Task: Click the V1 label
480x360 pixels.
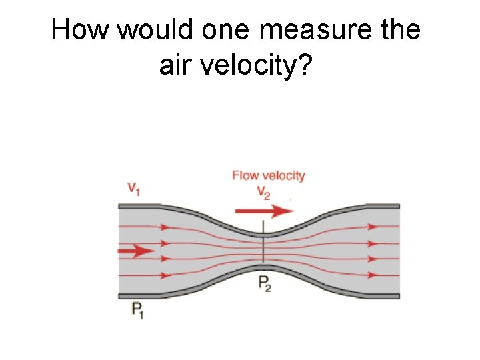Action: [133, 189]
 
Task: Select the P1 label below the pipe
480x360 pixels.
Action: [137, 311]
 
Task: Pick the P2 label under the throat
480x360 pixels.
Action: [265, 283]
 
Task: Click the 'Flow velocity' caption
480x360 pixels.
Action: [268, 175]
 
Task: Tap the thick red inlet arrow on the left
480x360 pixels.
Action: [136, 251]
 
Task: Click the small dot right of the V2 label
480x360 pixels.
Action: [291, 200]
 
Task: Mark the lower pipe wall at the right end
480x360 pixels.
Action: [387, 295]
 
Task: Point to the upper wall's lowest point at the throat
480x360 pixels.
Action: [265, 233]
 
